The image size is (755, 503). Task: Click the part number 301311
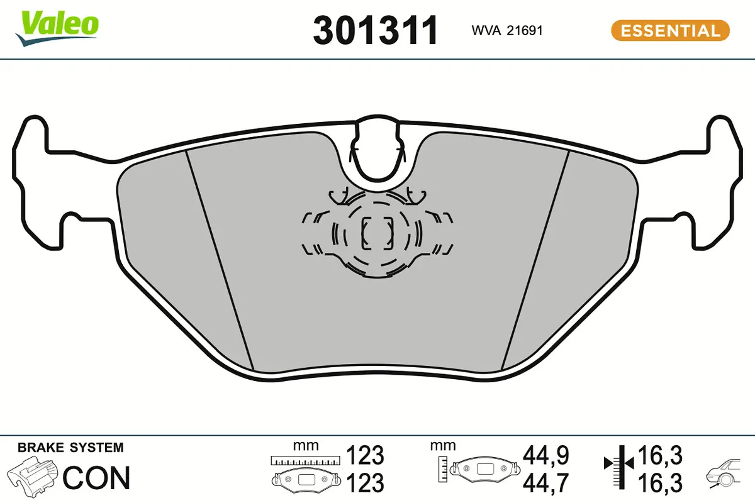point(375,31)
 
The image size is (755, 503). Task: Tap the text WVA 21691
point(506,31)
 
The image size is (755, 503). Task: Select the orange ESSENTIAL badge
point(670,30)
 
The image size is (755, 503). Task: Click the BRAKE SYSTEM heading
point(70,448)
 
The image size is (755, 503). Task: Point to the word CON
point(97,478)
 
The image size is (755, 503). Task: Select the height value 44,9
point(546,454)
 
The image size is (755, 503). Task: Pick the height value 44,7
point(546,482)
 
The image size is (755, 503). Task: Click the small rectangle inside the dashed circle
point(376,233)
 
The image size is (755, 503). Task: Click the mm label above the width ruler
point(306,446)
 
